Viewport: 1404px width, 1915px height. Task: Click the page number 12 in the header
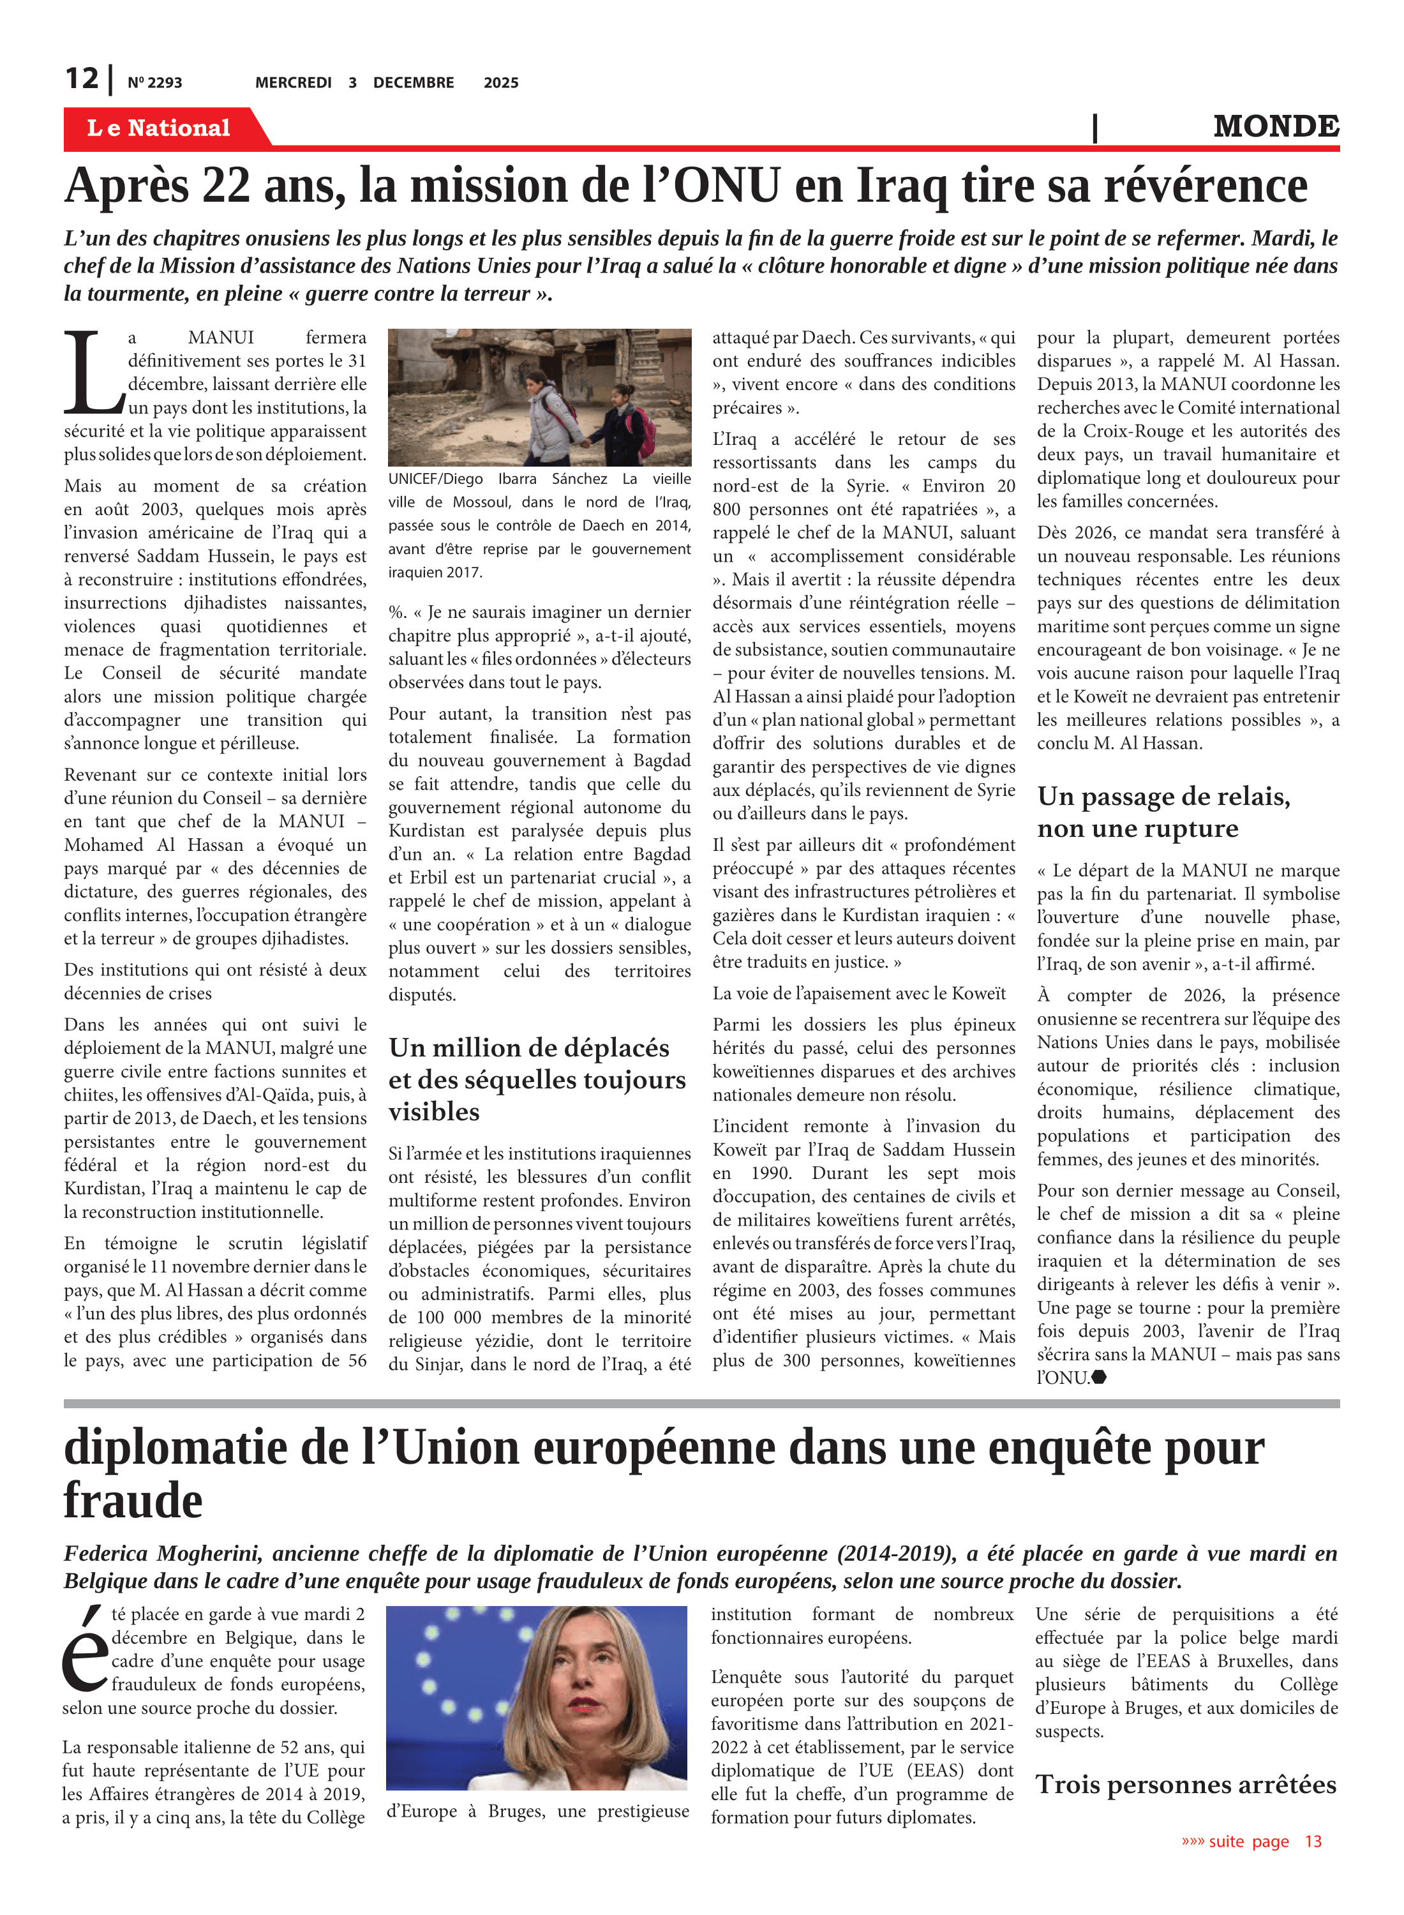[82, 79]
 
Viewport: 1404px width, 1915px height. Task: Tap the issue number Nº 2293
[154, 82]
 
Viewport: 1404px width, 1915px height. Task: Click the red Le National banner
[159, 128]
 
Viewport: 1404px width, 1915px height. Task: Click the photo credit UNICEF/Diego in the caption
[435, 479]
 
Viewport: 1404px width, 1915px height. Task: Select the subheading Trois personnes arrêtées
[1186, 1784]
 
